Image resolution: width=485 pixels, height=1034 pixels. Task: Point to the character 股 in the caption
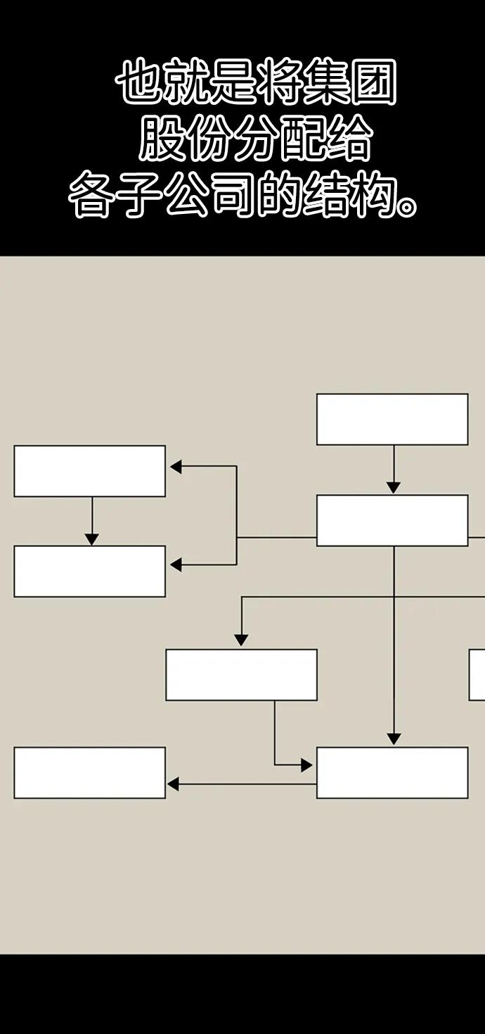(x=162, y=137)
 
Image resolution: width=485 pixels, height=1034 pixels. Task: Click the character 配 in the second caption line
(x=302, y=137)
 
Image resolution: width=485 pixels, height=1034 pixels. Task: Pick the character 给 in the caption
(x=349, y=137)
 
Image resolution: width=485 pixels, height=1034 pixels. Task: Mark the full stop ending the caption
(x=406, y=207)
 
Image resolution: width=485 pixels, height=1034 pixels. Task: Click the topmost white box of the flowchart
(x=392, y=419)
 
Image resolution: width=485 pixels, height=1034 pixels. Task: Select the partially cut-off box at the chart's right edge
(x=477, y=675)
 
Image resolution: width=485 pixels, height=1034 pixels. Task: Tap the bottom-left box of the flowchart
(x=89, y=773)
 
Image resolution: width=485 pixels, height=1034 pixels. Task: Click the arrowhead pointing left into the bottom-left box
(x=173, y=784)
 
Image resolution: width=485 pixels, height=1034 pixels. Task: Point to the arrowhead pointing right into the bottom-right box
(x=306, y=765)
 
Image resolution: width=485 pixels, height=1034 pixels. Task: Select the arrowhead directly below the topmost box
(x=393, y=487)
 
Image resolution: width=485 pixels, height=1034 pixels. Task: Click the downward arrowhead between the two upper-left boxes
(x=92, y=538)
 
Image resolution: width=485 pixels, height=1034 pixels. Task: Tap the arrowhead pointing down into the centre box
(x=241, y=640)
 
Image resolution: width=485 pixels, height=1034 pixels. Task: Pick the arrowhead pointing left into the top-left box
(x=176, y=467)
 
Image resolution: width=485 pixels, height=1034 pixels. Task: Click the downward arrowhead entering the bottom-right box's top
(x=394, y=738)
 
